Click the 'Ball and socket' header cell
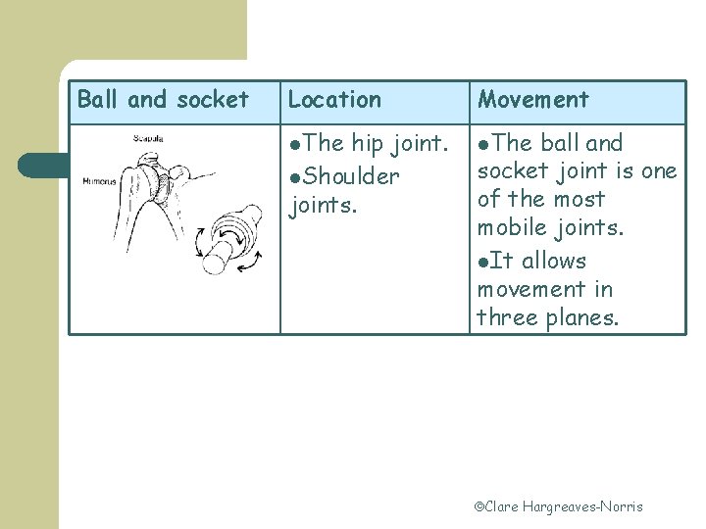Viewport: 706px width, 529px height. pos(163,100)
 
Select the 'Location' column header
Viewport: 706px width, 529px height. pos(334,100)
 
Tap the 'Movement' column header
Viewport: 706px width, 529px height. pos(532,100)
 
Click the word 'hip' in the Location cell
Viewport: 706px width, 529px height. pos(367,144)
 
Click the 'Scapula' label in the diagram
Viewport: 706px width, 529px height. pos(149,138)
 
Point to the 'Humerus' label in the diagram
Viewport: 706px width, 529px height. pos(99,181)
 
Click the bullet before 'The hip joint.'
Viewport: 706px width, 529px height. pos(296,145)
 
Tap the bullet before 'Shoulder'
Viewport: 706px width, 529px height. pos(296,178)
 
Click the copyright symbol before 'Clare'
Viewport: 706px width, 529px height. pos(480,507)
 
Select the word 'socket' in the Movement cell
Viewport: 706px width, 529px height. pos(510,171)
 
